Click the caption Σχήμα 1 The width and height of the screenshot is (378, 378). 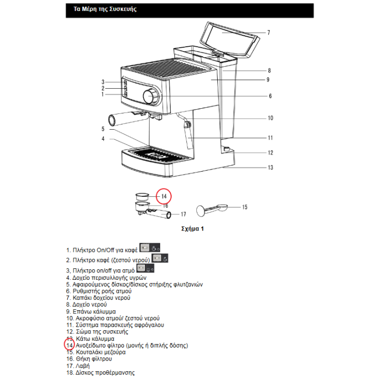coord(192,229)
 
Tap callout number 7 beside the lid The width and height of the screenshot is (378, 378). coord(268,33)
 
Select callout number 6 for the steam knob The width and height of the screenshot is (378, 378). coord(270,96)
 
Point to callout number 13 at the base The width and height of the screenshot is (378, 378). coord(270,167)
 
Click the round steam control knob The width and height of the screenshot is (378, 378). coord(150,97)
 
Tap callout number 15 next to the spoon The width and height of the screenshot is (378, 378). coord(244,207)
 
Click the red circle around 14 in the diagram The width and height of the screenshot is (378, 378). coord(164,196)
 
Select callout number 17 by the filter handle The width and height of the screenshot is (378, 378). coord(183,214)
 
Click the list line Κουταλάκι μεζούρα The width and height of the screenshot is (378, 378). coord(96,352)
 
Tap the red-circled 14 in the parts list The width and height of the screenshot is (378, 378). coord(69,345)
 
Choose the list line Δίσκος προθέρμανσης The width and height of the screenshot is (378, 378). coord(100,372)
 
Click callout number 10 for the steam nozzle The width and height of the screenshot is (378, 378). coord(270,118)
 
